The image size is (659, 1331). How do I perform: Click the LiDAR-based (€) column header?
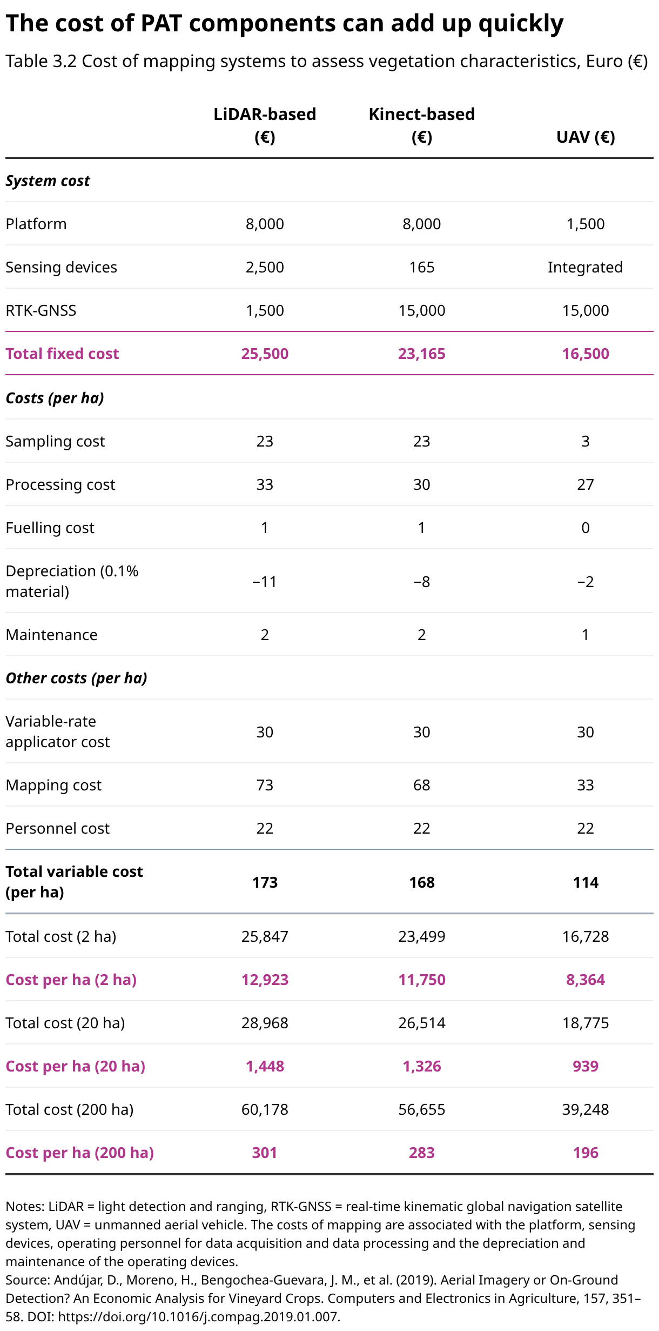coord(265,125)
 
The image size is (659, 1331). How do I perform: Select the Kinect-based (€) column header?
coord(422,125)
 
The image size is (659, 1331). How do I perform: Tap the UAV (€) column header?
coord(586,137)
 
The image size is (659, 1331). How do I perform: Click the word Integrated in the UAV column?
coord(586,267)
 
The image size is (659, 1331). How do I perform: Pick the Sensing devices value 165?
coord(422,267)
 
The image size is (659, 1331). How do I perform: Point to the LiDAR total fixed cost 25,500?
coord(265,354)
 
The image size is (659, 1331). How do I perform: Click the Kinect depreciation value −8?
coord(422,582)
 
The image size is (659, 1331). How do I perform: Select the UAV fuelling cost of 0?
coord(586,528)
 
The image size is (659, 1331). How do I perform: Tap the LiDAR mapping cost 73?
coord(265,785)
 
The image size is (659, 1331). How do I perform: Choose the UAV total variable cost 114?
coord(586,882)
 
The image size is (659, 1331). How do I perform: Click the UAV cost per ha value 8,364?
coord(586,980)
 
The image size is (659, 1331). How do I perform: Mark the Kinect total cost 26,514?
coord(422,1023)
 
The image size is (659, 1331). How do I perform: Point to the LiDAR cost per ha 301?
coord(265,1153)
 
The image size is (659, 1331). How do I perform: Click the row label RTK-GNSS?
coord(41,310)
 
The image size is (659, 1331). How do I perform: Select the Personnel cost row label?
coord(58,828)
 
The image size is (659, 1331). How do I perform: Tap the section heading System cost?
coord(48,181)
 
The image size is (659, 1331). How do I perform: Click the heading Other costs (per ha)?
coord(77,678)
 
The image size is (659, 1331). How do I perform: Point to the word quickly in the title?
coord(521,24)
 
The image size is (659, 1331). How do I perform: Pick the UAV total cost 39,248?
coord(586,1109)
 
